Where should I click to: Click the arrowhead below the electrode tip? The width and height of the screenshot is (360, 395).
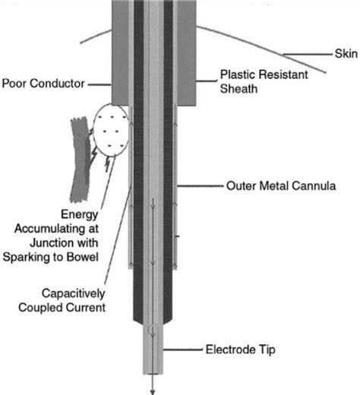click(x=153, y=390)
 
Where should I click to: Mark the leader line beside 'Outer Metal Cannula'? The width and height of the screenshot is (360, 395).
click(x=201, y=185)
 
